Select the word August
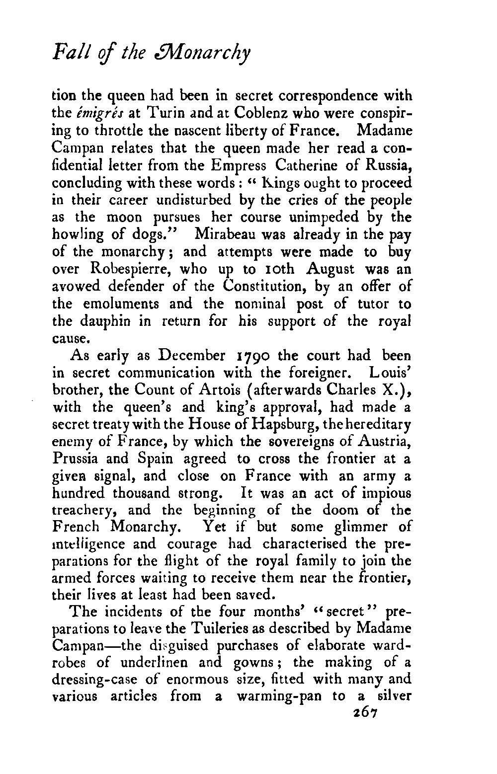pos(331,269)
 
